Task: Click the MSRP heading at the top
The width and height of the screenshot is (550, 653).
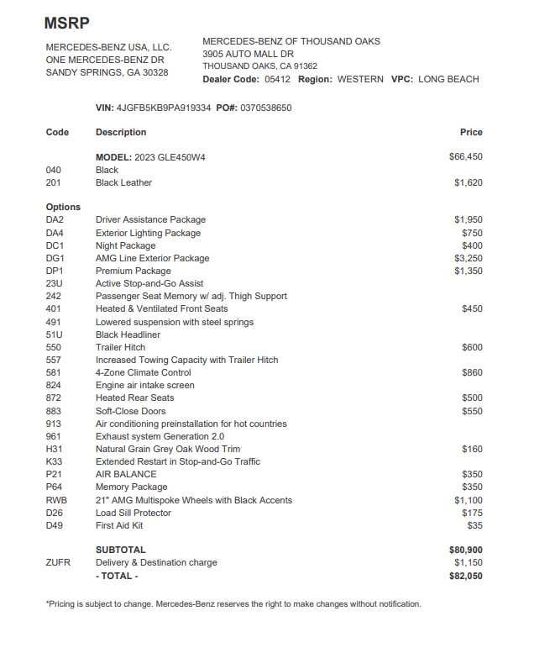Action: (66, 23)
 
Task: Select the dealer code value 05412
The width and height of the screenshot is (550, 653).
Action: (277, 79)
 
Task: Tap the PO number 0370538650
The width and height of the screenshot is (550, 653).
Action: (266, 108)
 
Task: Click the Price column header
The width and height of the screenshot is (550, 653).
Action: (471, 132)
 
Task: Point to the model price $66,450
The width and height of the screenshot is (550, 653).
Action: (466, 156)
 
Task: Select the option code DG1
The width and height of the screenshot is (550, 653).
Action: (55, 258)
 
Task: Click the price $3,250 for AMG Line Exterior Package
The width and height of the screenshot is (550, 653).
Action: (469, 258)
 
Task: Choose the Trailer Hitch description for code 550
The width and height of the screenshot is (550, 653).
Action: (120, 347)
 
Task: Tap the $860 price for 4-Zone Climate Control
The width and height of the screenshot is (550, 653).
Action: (472, 372)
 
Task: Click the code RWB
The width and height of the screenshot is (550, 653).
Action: (56, 500)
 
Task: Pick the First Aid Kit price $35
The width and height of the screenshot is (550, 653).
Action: (474, 525)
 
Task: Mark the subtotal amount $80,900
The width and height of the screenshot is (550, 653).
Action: (466, 550)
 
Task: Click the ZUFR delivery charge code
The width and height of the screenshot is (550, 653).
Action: (58, 562)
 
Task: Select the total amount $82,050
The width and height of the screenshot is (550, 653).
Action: (466, 576)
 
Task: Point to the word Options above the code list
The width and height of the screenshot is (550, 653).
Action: (63, 207)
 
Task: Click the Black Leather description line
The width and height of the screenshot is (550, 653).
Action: (123, 182)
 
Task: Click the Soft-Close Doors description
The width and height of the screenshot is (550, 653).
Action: (130, 411)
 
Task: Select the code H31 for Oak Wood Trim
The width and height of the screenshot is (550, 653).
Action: (55, 449)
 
